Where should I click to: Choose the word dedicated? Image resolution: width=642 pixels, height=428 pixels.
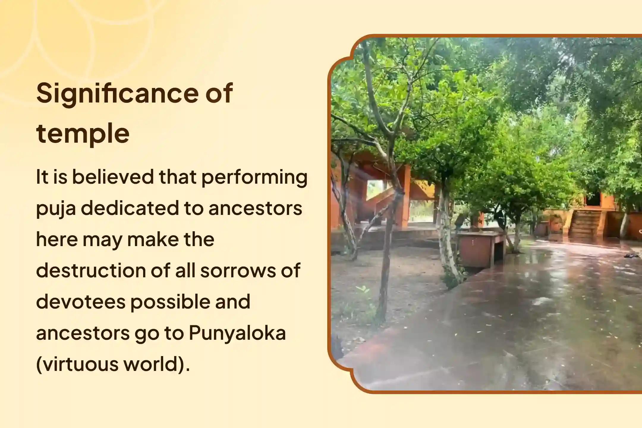pyautogui.click(x=129, y=208)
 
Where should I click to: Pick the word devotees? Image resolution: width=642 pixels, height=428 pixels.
pyautogui.click(x=81, y=302)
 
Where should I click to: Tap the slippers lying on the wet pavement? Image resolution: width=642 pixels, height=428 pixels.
pyautogui.click(x=631, y=255)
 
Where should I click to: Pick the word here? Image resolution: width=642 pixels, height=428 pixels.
pyautogui.click(x=56, y=240)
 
